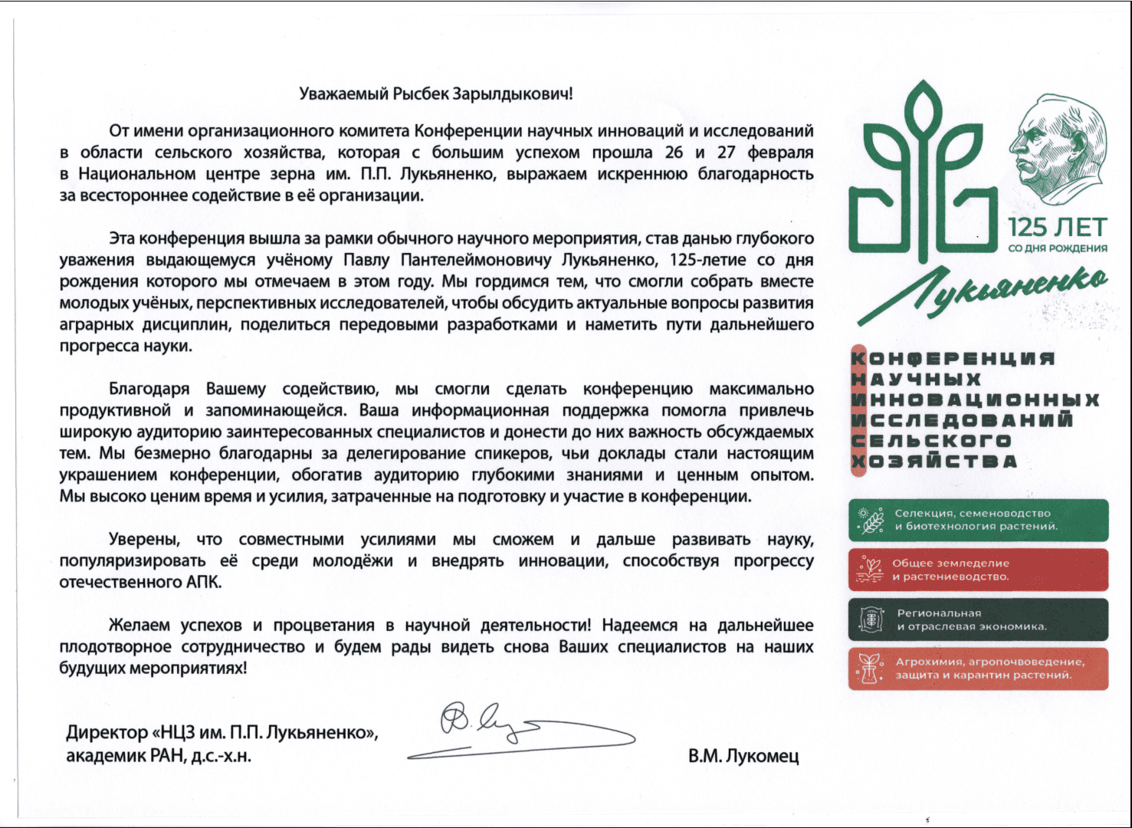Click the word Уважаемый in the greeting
click(343, 94)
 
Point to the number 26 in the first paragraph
click(674, 153)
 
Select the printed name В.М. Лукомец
click(743, 756)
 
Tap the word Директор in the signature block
click(107, 732)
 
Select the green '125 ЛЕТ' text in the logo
click(1057, 228)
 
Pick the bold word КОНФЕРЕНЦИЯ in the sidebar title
click(954, 358)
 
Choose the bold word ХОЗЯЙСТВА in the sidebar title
click(935, 462)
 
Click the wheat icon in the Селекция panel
click(871, 521)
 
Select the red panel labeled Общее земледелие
click(978, 570)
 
